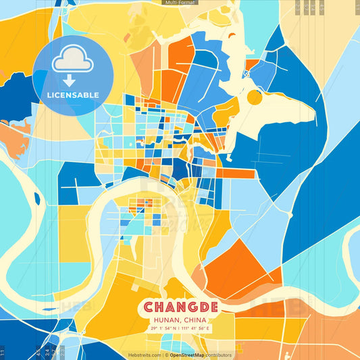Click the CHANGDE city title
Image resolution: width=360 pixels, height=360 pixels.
pyautogui.click(x=180, y=307)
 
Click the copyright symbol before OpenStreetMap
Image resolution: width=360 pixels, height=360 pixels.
pyautogui.click(x=167, y=355)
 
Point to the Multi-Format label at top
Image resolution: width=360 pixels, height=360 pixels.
pyautogui.click(x=180, y=3)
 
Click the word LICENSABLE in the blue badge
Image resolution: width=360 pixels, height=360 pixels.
pyautogui.click(x=73, y=95)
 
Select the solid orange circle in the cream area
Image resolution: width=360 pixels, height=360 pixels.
pyautogui.click(x=254, y=97)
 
